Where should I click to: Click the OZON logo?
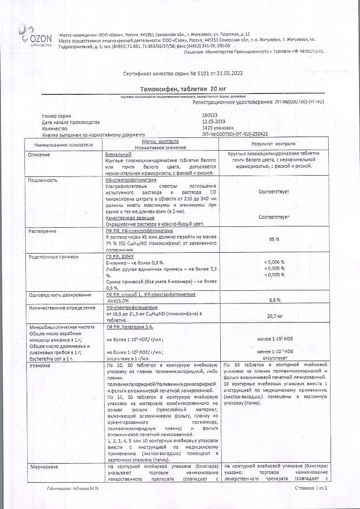[x=34, y=34]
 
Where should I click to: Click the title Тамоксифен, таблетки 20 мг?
[x=180, y=89]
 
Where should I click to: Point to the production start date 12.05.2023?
[x=214, y=122]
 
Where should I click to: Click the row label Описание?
[x=39, y=155]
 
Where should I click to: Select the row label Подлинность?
[x=43, y=180]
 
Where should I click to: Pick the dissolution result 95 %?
[x=274, y=239]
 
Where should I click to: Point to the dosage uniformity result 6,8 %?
[x=274, y=300]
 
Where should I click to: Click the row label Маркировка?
[x=43, y=466]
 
